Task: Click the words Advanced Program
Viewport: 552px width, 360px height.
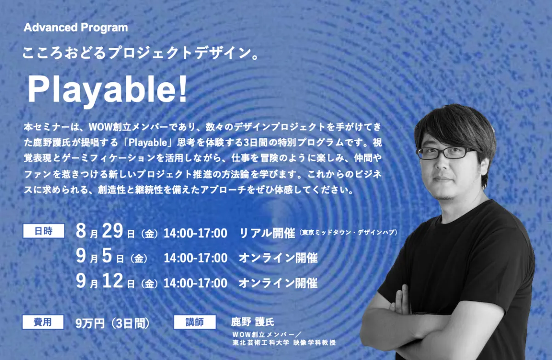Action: [75, 28]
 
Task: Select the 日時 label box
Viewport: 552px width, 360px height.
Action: [44, 231]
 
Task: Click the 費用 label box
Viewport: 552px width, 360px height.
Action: [43, 322]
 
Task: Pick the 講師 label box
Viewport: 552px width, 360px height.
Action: [195, 322]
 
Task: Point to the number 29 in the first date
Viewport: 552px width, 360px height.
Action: [112, 231]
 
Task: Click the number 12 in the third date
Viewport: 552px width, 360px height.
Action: [112, 281]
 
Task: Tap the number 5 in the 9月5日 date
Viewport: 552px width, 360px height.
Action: [107, 256]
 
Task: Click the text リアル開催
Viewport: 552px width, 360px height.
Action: [267, 233]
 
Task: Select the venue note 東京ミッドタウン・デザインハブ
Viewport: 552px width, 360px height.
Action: [349, 232]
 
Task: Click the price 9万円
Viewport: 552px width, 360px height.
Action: [90, 323]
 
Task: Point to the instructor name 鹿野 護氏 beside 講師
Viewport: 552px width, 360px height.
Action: [253, 321]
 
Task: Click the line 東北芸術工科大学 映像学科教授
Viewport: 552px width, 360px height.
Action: [284, 343]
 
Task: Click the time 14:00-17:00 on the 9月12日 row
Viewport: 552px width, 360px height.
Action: [195, 283]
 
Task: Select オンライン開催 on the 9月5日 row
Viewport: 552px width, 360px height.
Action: [278, 258]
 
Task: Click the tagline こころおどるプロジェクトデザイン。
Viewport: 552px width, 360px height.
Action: [141, 53]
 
